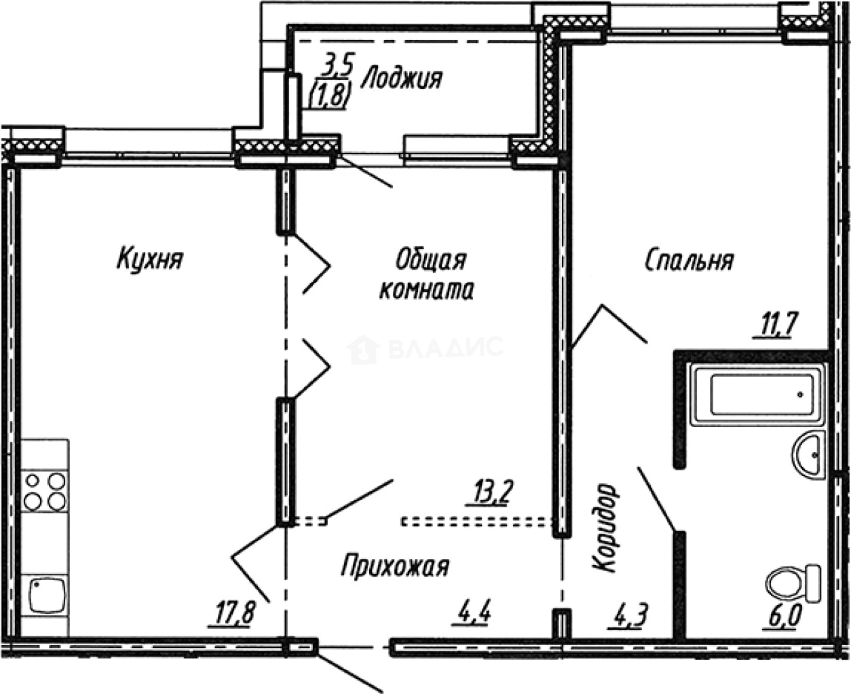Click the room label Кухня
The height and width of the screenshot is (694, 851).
coord(150,259)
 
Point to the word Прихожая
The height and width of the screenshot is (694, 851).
coord(395,566)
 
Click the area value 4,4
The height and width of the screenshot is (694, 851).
coord(473,615)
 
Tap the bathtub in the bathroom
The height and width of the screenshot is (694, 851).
coord(757,395)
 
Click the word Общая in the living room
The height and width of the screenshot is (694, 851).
coord(430,260)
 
